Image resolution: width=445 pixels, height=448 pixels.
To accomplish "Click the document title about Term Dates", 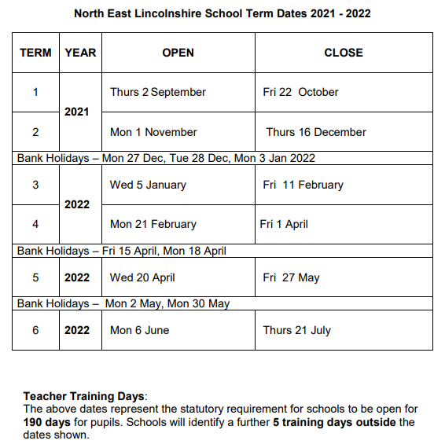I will click(x=222, y=13).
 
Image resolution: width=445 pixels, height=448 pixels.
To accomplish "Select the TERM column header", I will click(x=35, y=53).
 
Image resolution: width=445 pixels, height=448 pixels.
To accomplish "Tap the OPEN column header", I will click(x=178, y=53).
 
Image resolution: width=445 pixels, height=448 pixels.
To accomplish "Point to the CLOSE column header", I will click(x=344, y=53).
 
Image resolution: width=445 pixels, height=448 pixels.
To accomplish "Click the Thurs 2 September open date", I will click(x=158, y=92).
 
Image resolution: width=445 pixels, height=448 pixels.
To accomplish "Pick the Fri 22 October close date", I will click(x=301, y=92).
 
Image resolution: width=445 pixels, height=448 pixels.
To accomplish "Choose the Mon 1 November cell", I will click(x=153, y=132).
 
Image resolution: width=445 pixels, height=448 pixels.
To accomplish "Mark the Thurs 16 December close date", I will click(x=316, y=132).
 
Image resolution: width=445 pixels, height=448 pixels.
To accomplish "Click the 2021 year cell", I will click(x=77, y=112).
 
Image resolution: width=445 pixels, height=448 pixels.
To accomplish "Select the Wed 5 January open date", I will click(x=148, y=185).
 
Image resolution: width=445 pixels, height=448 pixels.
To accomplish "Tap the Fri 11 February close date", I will click(x=303, y=185).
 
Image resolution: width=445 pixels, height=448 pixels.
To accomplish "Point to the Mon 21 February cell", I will click(x=153, y=224).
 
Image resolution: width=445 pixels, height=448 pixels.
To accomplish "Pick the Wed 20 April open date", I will click(x=142, y=277).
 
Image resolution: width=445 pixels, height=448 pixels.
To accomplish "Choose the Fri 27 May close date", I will click(x=292, y=277).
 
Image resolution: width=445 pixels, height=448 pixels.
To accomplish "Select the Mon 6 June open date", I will click(x=139, y=330).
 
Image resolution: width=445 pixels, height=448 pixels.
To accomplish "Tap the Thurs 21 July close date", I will click(x=297, y=330).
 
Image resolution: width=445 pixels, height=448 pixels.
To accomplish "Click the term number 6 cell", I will click(x=35, y=330).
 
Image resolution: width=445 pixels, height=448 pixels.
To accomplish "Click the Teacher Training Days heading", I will click(x=86, y=397).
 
